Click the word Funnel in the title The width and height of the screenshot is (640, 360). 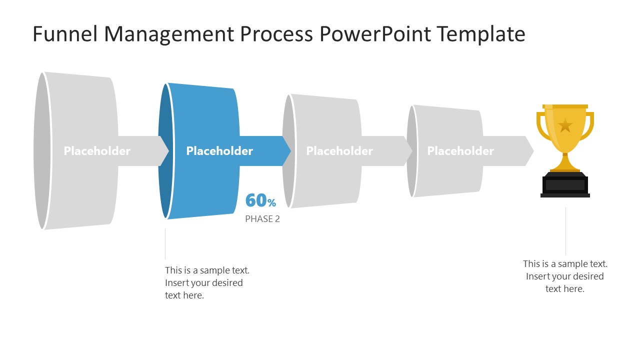(65, 34)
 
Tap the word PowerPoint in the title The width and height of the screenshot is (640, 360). (373, 34)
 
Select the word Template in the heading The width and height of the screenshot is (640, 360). (480, 34)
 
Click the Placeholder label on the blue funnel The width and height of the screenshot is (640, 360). (219, 151)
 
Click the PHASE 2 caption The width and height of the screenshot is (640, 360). (262, 219)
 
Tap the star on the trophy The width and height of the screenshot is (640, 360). (565, 125)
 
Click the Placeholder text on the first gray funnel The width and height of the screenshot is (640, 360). (97, 151)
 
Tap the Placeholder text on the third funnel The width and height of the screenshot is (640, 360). (339, 151)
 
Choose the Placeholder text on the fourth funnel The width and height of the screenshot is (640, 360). (460, 151)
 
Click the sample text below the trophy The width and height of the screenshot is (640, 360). (565, 276)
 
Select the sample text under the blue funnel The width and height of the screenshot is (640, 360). (207, 282)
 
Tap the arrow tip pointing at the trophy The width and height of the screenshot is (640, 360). (528, 151)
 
